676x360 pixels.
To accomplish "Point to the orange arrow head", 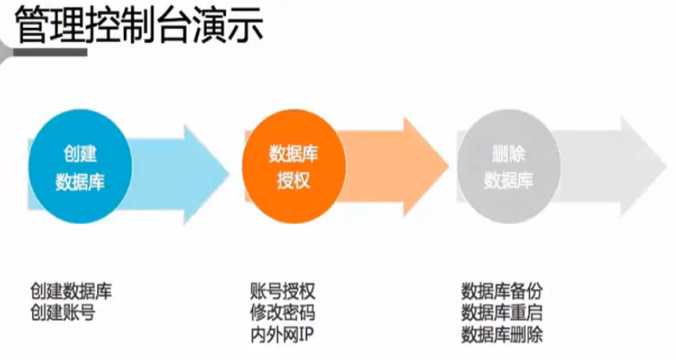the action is coord(420,168).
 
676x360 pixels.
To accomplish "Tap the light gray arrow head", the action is coord(640,169).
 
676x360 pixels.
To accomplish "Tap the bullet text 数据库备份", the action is coord(502,292).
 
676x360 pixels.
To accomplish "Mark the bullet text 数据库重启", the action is coord(502,313).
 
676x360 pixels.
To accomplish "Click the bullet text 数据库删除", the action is coord(502,334).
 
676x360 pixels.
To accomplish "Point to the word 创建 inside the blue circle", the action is coord(80,155).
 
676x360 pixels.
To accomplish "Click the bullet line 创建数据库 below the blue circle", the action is coord(71,292).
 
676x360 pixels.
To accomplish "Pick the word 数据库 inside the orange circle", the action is coord(293,155).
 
